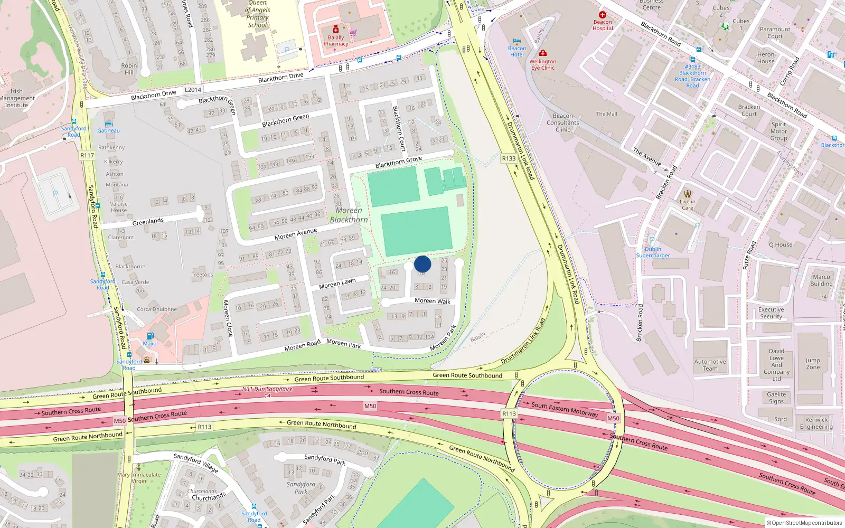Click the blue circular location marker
[x=422, y=264]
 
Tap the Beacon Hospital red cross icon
[x=603, y=15]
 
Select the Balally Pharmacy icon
[x=335, y=30]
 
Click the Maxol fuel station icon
[x=150, y=336]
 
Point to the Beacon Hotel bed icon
[x=517, y=41]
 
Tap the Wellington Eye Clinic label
[x=543, y=64]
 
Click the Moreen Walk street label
[x=433, y=301]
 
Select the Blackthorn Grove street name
[x=398, y=162]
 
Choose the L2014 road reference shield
[x=193, y=90]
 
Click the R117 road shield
[x=87, y=155]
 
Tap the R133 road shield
[x=509, y=158]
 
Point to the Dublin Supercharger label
[x=653, y=252]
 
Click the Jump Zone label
[x=813, y=364]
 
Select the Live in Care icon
[x=687, y=193]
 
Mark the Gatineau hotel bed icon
[x=108, y=124]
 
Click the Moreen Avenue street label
[x=296, y=234]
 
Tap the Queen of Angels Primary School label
[x=258, y=14]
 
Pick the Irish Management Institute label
[x=17, y=98]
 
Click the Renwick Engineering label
[x=816, y=423]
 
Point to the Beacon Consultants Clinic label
[x=563, y=122]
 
